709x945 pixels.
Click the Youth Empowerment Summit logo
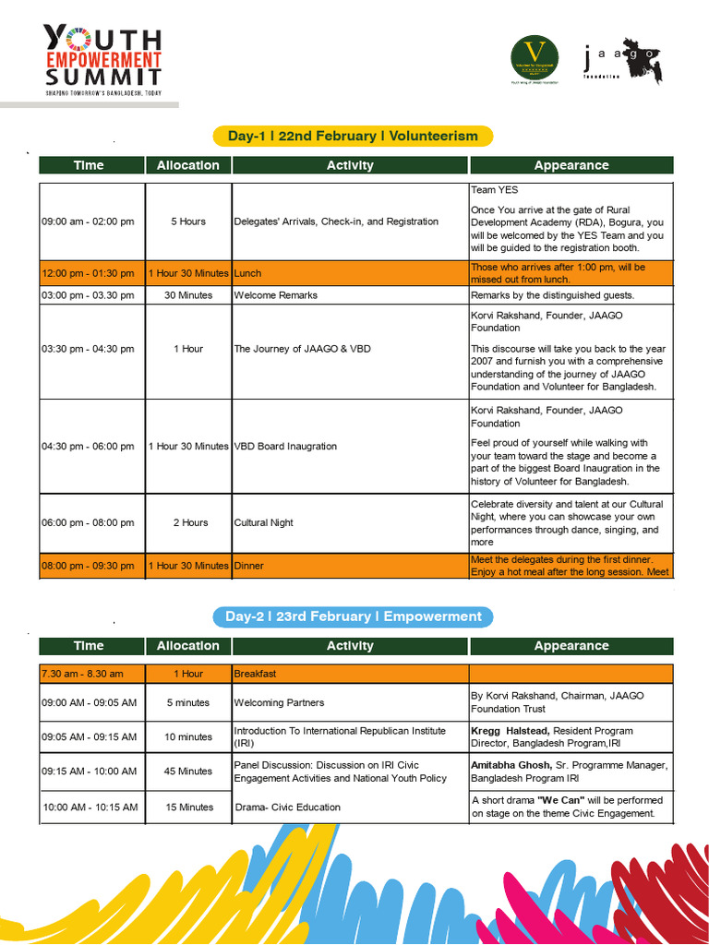(103, 60)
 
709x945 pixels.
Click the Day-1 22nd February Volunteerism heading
(353, 136)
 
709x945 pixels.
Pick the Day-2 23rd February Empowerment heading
(354, 616)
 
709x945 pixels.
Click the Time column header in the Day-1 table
(89, 165)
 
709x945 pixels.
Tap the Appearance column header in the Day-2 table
(571, 646)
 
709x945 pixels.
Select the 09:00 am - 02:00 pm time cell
(88, 221)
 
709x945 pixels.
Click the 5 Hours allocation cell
(188, 221)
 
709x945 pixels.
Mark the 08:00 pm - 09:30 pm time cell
(88, 566)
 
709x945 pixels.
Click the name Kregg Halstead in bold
(511, 730)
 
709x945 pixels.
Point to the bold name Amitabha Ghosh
(512, 765)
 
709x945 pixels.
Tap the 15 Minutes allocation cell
(188, 807)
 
